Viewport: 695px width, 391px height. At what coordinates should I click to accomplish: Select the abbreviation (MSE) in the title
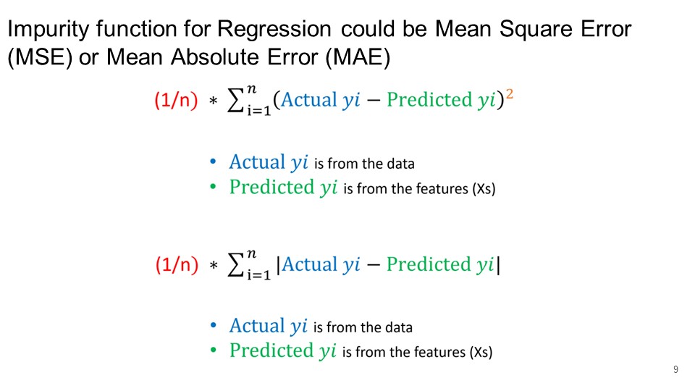pos(40,58)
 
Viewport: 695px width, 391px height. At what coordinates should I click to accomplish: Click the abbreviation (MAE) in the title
pos(358,58)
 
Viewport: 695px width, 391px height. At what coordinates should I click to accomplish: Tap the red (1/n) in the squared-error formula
pos(176,99)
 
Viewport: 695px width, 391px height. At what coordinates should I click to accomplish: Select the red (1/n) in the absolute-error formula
pos(177,264)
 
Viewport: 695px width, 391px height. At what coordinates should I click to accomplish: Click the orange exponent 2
pos(510,94)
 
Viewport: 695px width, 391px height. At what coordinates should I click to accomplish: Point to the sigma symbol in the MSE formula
pos(235,100)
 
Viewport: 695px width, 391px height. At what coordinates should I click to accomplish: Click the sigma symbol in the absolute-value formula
pos(235,265)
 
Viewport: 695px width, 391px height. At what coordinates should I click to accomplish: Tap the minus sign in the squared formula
pos(374,101)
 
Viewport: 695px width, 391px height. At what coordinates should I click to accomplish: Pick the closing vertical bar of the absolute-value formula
pos(499,265)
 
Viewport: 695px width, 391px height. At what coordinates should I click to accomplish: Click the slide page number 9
pos(675,369)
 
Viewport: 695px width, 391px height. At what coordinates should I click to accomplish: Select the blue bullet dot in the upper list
pos(213,161)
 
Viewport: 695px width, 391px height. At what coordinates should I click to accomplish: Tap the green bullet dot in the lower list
pos(213,350)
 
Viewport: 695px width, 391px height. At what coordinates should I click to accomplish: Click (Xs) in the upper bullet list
pos(484,189)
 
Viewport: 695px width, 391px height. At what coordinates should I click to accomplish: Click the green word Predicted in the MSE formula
pos(429,100)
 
